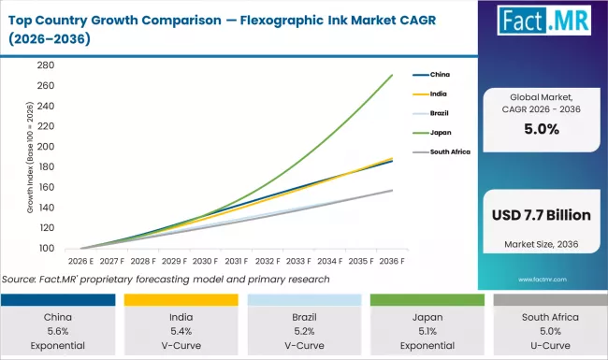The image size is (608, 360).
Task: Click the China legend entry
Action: click(x=439, y=74)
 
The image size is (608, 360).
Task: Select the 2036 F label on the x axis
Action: click(x=390, y=263)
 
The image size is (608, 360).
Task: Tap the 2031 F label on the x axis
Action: click(x=237, y=263)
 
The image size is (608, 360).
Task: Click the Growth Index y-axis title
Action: click(x=30, y=178)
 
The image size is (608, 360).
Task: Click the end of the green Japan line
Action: click(x=391, y=75)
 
